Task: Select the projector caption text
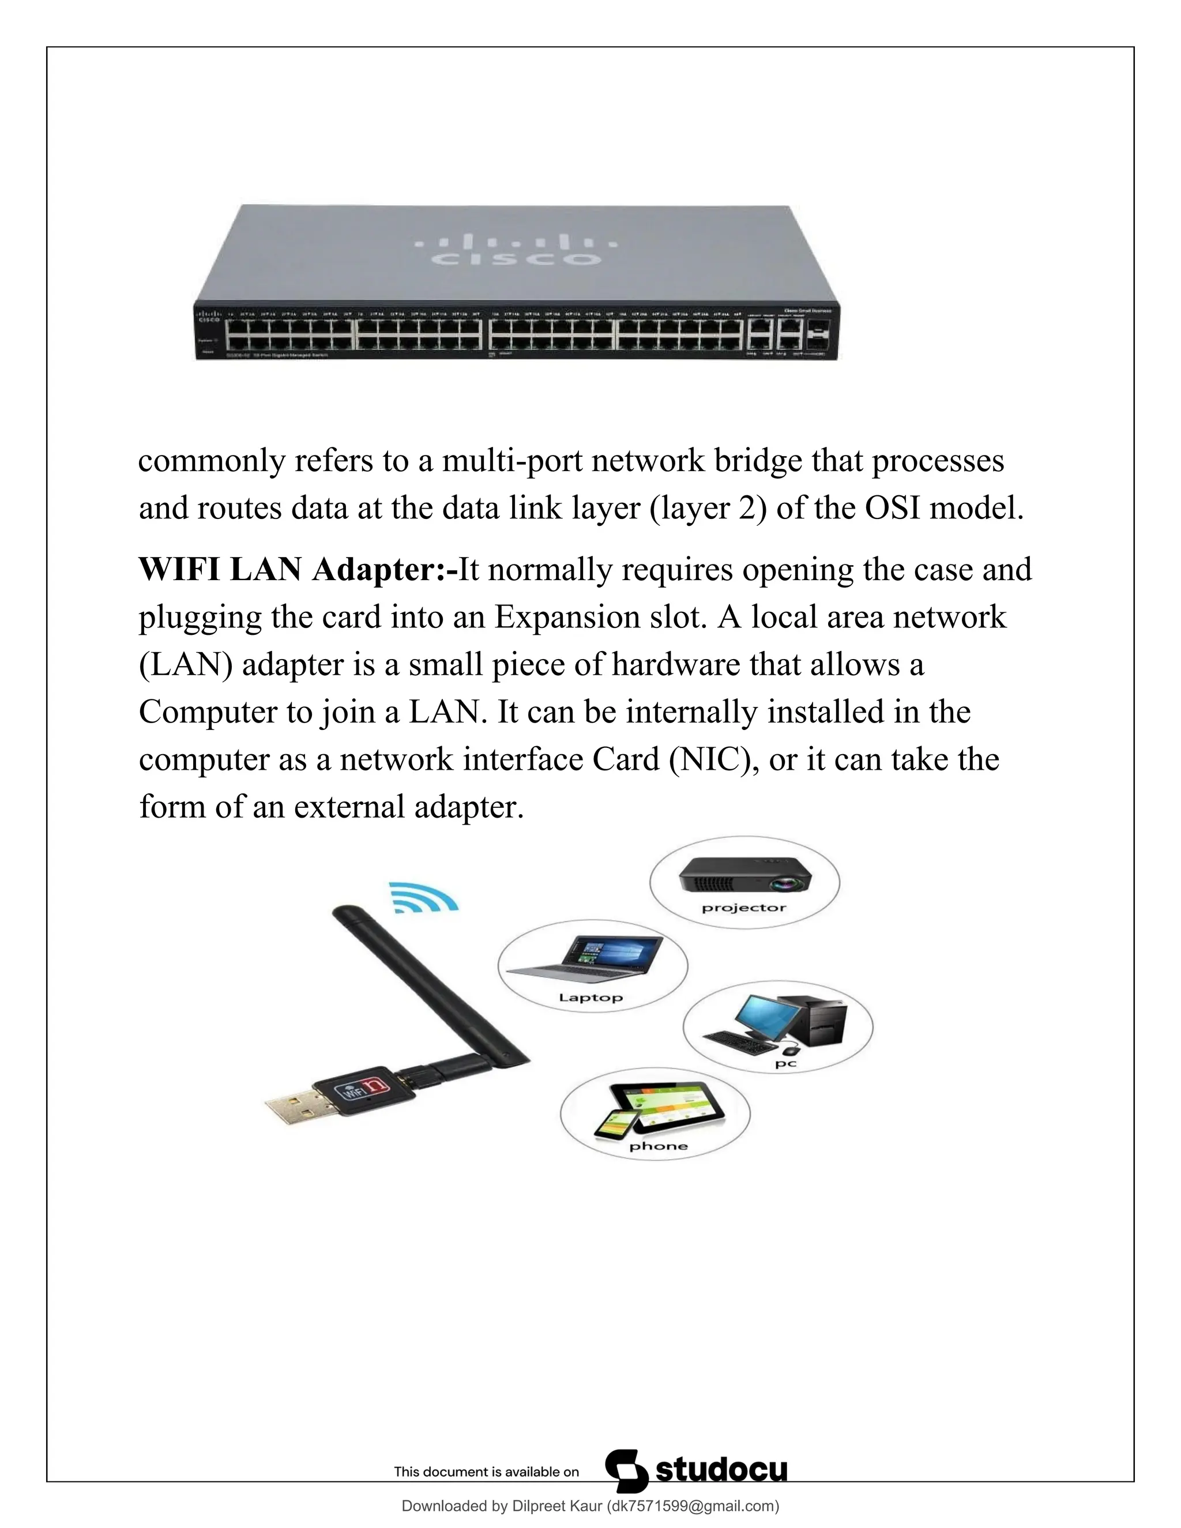click(x=744, y=908)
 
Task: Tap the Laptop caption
click(x=590, y=998)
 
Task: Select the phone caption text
click(x=659, y=1146)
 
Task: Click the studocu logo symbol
click(x=626, y=1471)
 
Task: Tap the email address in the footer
click(x=692, y=1506)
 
